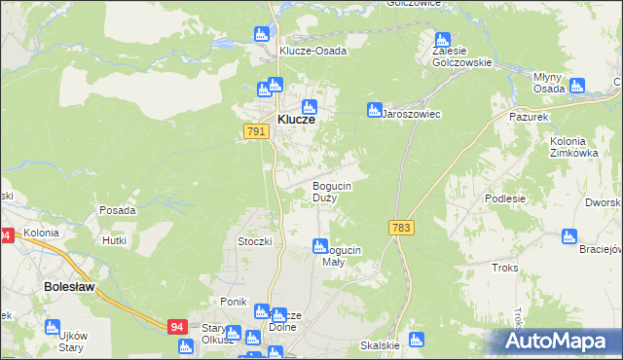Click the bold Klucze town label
[x=296, y=119]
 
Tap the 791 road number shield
[x=256, y=131]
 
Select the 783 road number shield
[x=400, y=226]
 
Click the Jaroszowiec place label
[x=411, y=114]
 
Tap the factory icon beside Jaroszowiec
[x=373, y=110]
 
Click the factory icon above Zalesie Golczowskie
[x=442, y=41]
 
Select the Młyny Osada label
[x=549, y=82]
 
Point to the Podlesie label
[x=505, y=198]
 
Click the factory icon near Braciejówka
[x=568, y=235]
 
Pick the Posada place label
[x=117, y=210]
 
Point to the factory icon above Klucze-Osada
[x=261, y=34]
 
